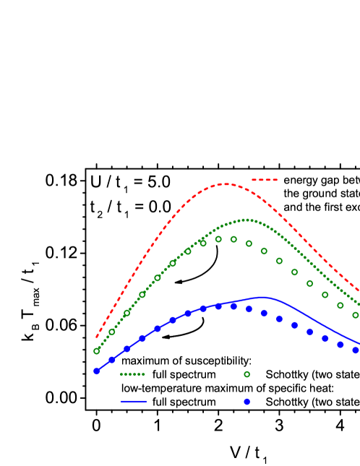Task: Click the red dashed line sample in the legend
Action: point(264,180)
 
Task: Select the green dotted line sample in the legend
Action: point(132,374)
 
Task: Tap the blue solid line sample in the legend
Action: point(133,401)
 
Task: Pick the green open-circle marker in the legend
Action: point(247,374)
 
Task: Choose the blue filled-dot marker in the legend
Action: point(247,402)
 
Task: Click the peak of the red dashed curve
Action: point(226,184)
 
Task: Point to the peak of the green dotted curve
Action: point(247,220)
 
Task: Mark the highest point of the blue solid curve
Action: point(262,297)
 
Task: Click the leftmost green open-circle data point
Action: point(96,351)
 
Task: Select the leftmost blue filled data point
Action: point(96,371)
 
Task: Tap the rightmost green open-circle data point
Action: point(355,315)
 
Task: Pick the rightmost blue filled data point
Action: point(355,350)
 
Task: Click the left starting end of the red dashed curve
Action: point(96,337)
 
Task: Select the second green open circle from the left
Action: point(111,332)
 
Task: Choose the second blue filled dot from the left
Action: point(111,360)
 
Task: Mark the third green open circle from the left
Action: point(127,313)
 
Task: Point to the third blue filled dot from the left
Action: point(127,349)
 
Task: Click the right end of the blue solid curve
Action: point(359,343)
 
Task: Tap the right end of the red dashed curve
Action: point(359,290)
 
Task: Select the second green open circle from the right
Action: point(340,305)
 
